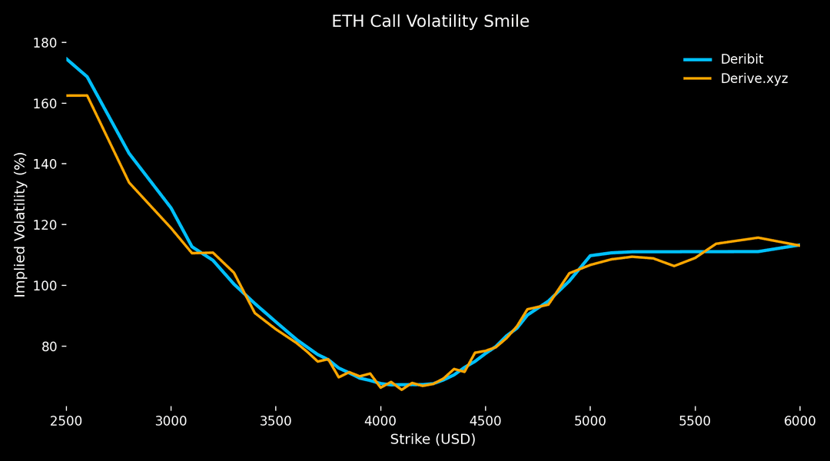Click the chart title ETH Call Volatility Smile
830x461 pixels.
click(430, 22)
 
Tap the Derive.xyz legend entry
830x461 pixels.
click(754, 78)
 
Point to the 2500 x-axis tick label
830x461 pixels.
click(66, 420)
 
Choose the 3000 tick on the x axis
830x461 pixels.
click(171, 420)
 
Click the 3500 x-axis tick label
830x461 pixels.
click(276, 420)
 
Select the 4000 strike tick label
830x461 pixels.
click(380, 420)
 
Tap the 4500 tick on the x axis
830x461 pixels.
click(485, 420)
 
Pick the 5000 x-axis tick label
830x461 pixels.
click(590, 420)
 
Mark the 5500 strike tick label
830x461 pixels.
click(695, 420)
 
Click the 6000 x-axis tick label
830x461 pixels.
click(799, 420)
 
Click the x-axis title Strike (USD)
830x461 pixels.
click(433, 439)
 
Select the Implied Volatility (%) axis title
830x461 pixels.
click(21, 224)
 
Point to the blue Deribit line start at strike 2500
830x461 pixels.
click(67, 58)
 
